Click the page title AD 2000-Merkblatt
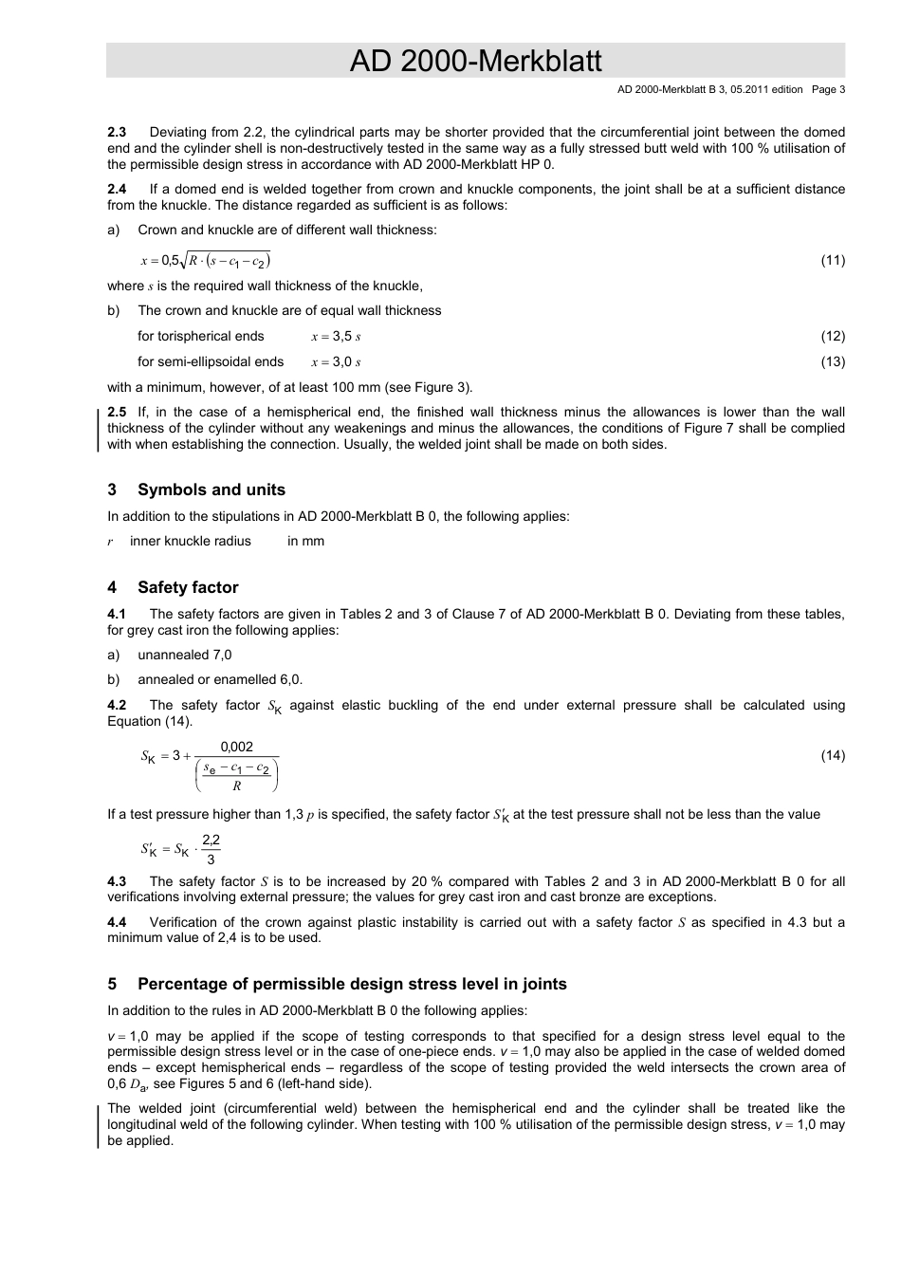click(475, 62)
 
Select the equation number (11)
click(832, 261)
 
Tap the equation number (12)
click(832, 336)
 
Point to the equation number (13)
click(832, 361)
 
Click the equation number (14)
click(832, 756)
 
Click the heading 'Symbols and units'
click(211, 490)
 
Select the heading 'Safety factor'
click(187, 587)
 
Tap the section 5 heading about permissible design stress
click(352, 984)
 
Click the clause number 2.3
click(117, 132)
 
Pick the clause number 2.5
click(117, 412)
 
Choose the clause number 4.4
click(117, 922)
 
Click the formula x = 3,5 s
click(336, 337)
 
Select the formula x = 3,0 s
click(336, 362)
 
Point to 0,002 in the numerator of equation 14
click(236, 747)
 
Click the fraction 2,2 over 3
click(211, 849)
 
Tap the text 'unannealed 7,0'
click(184, 655)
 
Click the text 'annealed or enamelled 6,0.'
click(219, 679)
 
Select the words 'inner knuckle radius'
click(190, 541)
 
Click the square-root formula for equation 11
click(206, 261)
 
